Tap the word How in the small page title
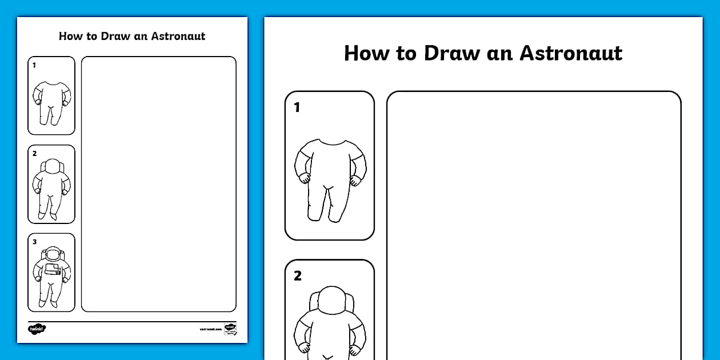pos(70,36)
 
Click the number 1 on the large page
pos(297,107)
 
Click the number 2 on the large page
pos(298,276)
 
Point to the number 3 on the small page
pos(34,242)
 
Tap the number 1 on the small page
pos(34,65)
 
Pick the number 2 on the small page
pos(34,153)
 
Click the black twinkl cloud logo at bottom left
pos(37,329)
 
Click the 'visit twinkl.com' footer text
pos(210,329)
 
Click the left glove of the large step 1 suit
pos(305,178)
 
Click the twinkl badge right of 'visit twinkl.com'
pos(230,329)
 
